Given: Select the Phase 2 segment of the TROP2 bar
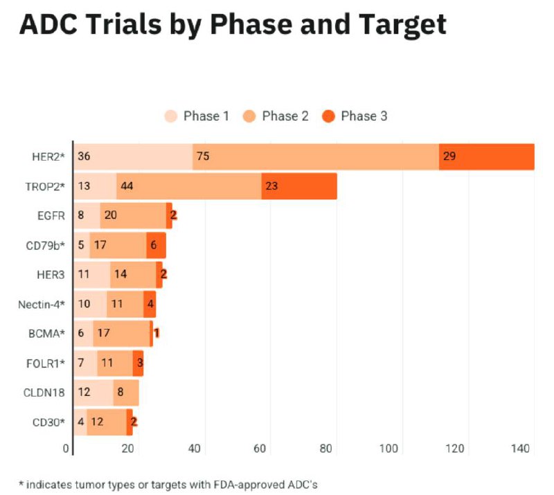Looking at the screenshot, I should (x=188, y=186).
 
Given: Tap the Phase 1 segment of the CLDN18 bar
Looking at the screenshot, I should (x=93, y=393).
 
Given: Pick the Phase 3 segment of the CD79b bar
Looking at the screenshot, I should (x=156, y=245).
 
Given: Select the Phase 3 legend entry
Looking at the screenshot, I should (x=355, y=116).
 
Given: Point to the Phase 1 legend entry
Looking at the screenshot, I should (x=197, y=116).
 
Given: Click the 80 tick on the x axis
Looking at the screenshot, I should (x=326, y=449).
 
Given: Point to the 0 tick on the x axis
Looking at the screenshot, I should (x=66, y=449).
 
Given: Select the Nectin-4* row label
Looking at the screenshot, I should (x=41, y=304).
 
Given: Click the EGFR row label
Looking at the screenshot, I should (x=52, y=215).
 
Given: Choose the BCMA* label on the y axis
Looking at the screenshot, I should (x=46, y=334).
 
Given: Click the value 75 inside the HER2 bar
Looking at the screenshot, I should (x=202, y=156).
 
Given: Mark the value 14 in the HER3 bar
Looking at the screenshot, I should (x=120, y=274).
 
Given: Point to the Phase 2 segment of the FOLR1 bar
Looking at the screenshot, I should (x=114, y=363).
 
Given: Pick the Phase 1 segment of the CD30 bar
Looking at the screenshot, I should (x=80, y=422).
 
